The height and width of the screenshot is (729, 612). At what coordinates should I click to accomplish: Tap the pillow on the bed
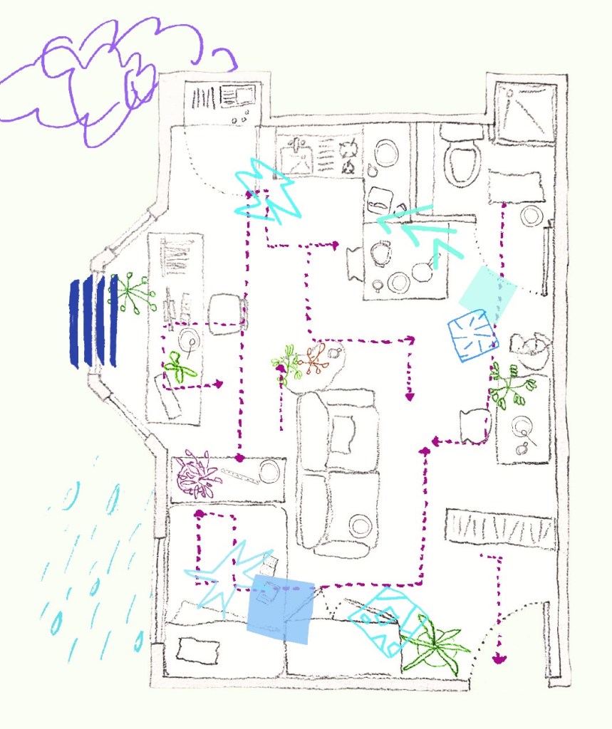point(194,650)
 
